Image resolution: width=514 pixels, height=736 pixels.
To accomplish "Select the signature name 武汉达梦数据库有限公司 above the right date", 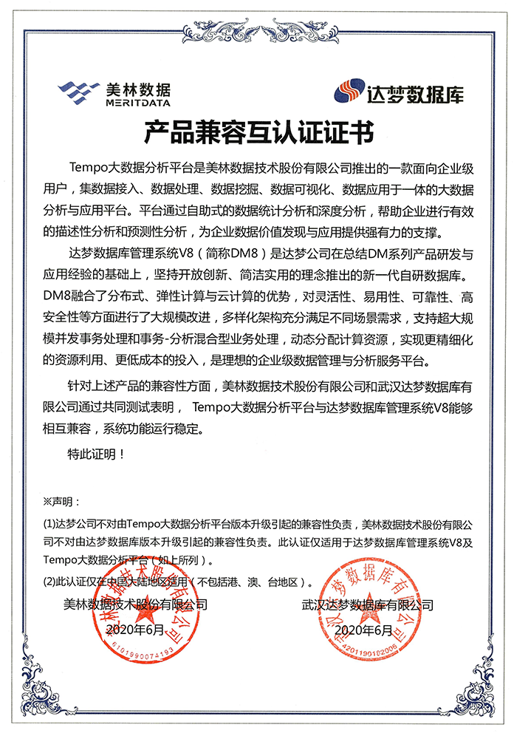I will pos(367,604).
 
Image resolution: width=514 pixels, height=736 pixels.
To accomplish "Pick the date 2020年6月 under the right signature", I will pos(363,630).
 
